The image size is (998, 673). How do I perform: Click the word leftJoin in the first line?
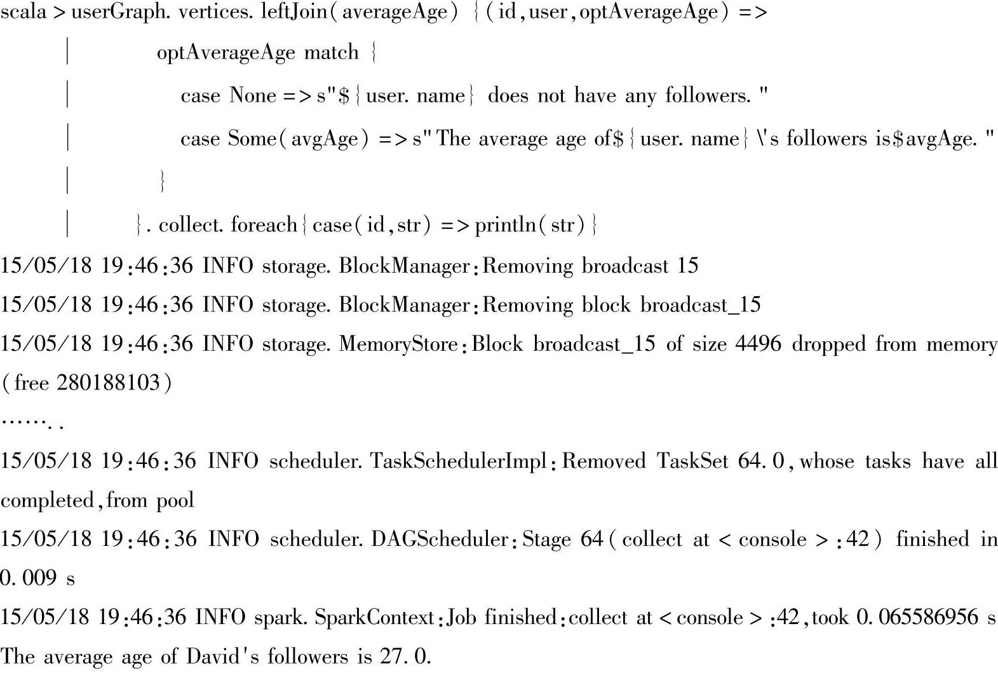[297, 13]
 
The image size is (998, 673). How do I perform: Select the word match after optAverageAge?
[331, 52]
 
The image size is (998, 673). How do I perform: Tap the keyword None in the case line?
[253, 95]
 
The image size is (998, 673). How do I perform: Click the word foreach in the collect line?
[264, 225]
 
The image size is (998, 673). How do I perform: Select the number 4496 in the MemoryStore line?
[758, 344]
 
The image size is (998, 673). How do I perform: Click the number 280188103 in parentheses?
[108, 383]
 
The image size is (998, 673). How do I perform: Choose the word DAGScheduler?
[440, 539]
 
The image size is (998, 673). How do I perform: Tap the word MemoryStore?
[398, 344]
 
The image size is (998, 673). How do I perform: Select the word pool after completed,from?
[175, 500]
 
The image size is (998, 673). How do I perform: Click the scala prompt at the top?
[24, 13]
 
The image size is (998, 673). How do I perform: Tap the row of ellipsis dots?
[32, 422]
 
